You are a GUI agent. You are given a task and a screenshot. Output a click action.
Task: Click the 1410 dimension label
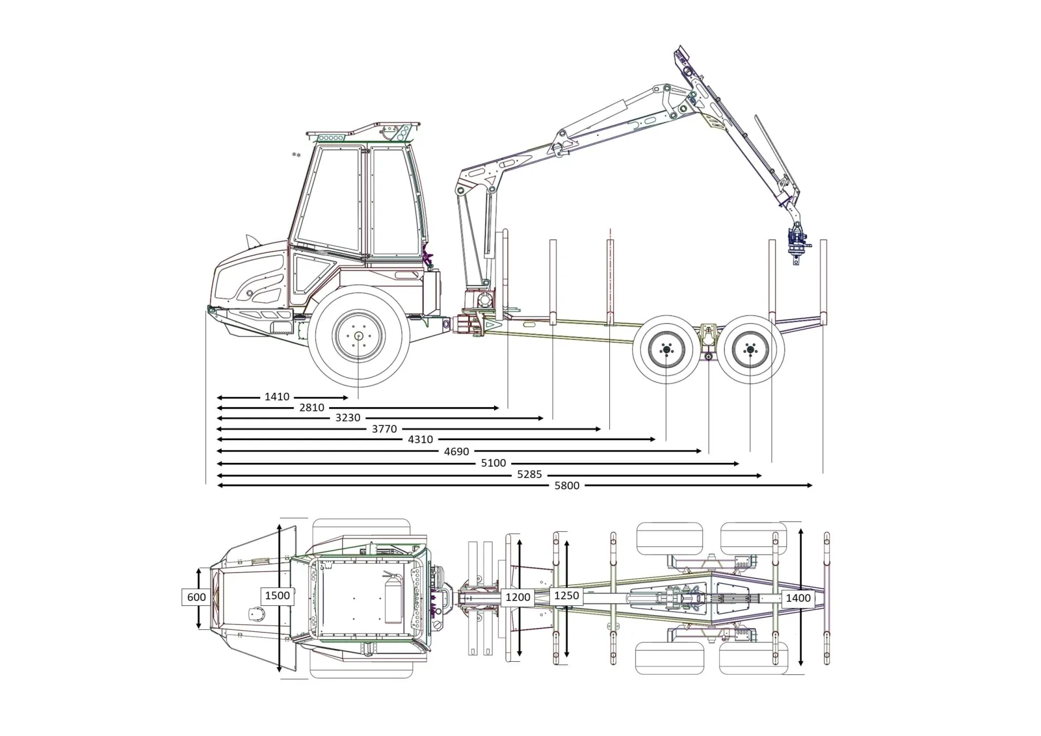click(x=277, y=397)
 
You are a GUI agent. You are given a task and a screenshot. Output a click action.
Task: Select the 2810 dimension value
click(x=312, y=408)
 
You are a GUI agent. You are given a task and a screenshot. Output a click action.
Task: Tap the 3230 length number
click(x=348, y=418)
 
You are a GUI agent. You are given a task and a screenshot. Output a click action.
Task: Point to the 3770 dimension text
click(x=384, y=429)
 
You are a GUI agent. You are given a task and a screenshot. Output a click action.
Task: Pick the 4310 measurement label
click(x=420, y=440)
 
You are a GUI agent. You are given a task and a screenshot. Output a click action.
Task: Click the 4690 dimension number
click(x=457, y=451)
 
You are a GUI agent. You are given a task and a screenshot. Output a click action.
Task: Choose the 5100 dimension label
click(x=493, y=463)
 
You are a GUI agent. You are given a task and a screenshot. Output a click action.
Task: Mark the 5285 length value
click(x=529, y=474)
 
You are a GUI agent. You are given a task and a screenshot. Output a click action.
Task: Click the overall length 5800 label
click(x=567, y=486)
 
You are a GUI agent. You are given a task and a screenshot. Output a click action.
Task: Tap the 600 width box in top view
click(x=196, y=597)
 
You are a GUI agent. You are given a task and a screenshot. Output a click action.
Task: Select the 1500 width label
click(x=277, y=596)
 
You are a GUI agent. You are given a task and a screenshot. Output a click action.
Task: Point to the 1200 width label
click(x=518, y=597)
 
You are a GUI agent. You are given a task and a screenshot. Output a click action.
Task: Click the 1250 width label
click(x=567, y=596)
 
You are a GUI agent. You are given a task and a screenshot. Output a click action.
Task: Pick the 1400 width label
click(x=798, y=598)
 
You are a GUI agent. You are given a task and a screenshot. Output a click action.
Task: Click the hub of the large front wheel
click(x=358, y=336)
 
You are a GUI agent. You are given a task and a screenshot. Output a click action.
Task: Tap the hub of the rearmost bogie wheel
click(x=750, y=350)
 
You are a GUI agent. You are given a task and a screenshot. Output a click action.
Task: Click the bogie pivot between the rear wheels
click(x=709, y=356)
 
